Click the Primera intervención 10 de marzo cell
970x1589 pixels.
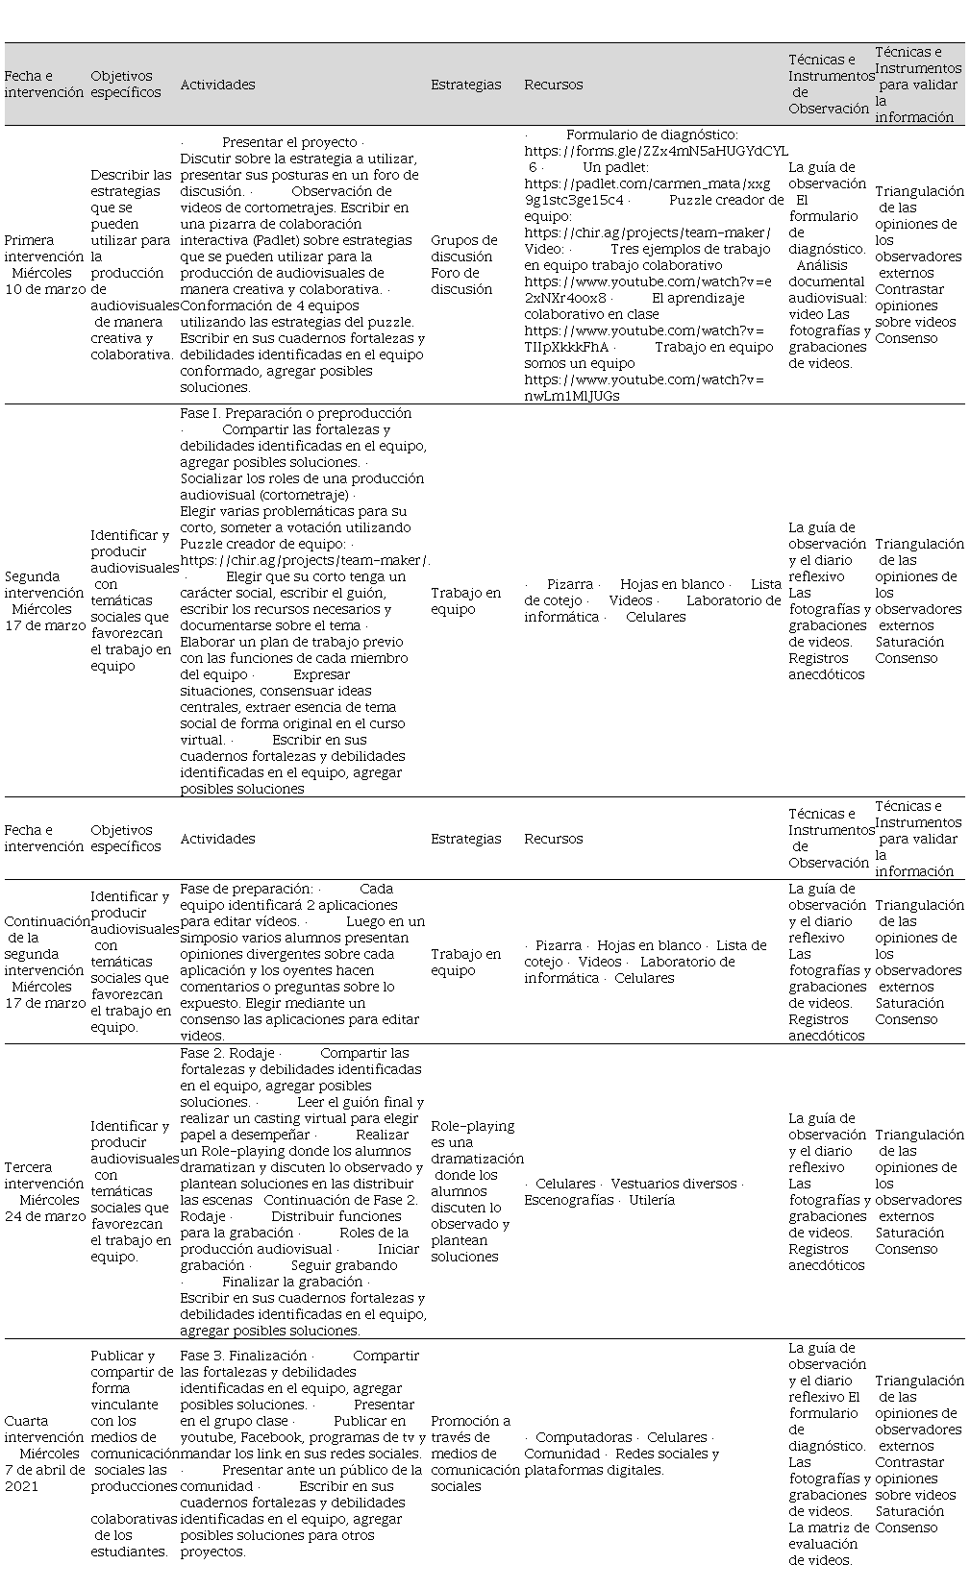pos(44,264)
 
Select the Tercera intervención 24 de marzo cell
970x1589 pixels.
pos(44,1191)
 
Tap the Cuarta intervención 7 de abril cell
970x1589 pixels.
pos(44,1453)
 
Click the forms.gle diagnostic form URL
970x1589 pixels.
pos(656,151)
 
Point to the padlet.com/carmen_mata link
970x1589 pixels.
pos(647,183)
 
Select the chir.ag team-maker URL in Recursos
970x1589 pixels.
pos(647,232)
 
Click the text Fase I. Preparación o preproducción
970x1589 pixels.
pos(295,413)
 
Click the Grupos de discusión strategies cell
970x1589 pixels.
pos(464,264)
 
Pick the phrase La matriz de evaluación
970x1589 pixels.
pos(829,1528)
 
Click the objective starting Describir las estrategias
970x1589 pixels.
pos(131,264)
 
